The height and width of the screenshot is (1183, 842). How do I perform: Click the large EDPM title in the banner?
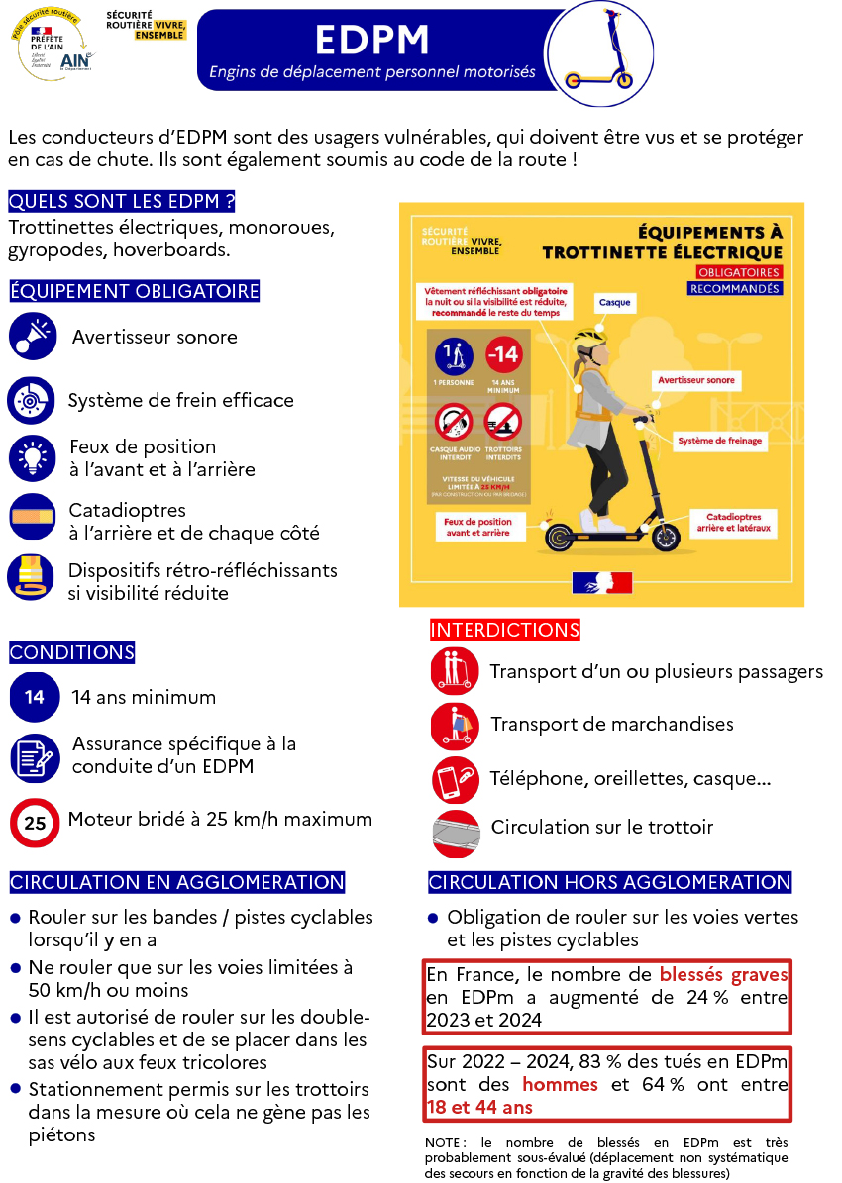click(372, 40)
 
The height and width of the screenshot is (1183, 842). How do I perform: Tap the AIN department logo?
click(74, 60)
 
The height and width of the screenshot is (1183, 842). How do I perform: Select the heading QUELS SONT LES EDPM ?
click(121, 202)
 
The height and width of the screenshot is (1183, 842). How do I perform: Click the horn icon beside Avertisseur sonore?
click(33, 336)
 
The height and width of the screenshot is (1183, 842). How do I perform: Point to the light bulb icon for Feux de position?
click(33, 457)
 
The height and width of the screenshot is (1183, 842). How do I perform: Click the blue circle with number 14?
click(34, 697)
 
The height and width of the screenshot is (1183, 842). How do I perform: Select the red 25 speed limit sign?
click(34, 822)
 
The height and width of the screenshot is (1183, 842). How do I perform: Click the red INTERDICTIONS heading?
click(504, 630)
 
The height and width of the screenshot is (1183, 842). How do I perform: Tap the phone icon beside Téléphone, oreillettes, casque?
click(455, 779)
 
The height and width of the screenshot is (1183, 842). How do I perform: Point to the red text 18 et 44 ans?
click(479, 1108)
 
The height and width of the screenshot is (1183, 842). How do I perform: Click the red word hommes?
click(560, 1084)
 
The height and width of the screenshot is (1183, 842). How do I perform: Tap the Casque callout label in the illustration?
click(614, 302)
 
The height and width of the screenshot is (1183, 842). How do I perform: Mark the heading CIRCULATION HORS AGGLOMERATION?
click(609, 882)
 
